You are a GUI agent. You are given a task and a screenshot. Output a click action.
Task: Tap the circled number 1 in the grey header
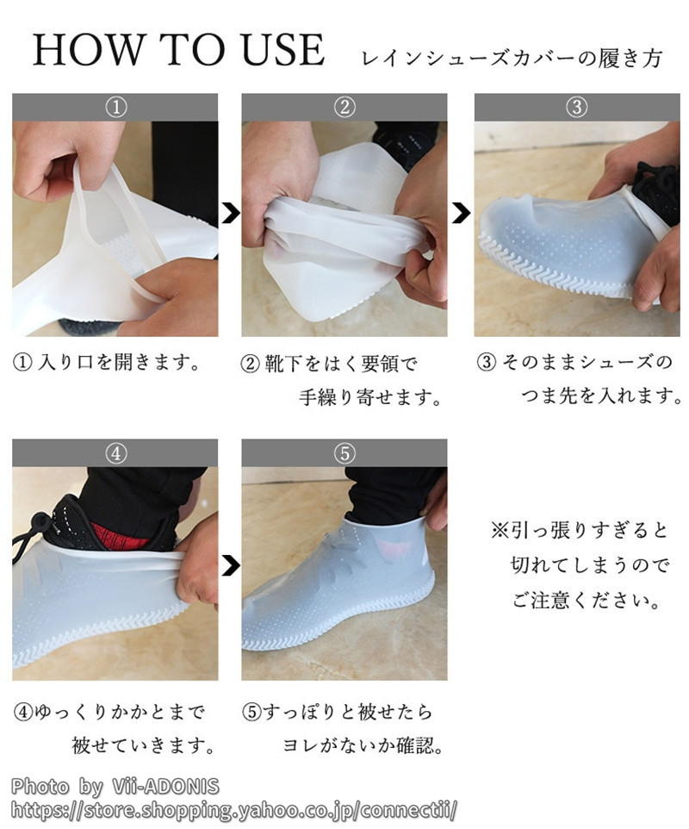[x=115, y=108]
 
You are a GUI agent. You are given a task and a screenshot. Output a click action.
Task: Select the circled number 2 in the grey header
[x=344, y=108]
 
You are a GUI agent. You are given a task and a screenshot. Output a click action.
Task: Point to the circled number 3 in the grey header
[x=576, y=108]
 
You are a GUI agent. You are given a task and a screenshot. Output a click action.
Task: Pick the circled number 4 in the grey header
[x=115, y=453]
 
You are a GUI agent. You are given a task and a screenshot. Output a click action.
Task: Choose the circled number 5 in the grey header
[x=344, y=453]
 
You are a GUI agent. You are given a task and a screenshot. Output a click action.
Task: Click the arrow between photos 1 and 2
[x=230, y=213]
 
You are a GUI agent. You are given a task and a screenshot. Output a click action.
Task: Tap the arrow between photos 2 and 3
[x=462, y=213]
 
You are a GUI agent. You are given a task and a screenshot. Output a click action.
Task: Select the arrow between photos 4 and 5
[x=230, y=565]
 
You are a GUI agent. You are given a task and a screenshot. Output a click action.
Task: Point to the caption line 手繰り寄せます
[x=370, y=397]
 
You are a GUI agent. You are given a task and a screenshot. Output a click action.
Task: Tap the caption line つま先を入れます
[x=602, y=396]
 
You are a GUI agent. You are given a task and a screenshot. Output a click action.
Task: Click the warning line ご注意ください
[x=587, y=601]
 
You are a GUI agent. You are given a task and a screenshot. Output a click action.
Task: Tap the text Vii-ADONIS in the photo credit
[x=166, y=786]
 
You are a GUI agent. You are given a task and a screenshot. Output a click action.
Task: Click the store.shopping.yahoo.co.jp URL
[x=233, y=810]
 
